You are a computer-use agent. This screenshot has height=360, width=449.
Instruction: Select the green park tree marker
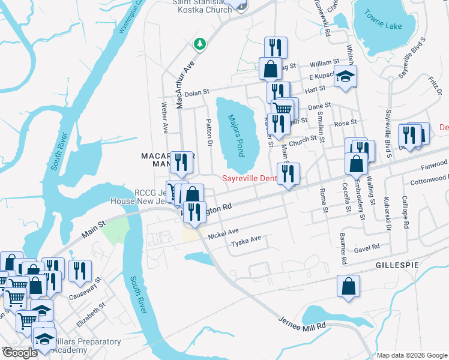click(x=199, y=44)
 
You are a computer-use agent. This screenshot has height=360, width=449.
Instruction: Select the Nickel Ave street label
click(x=223, y=233)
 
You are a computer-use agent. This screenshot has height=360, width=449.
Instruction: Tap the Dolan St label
click(x=196, y=92)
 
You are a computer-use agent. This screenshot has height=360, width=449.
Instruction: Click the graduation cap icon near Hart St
click(x=345, y=77)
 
